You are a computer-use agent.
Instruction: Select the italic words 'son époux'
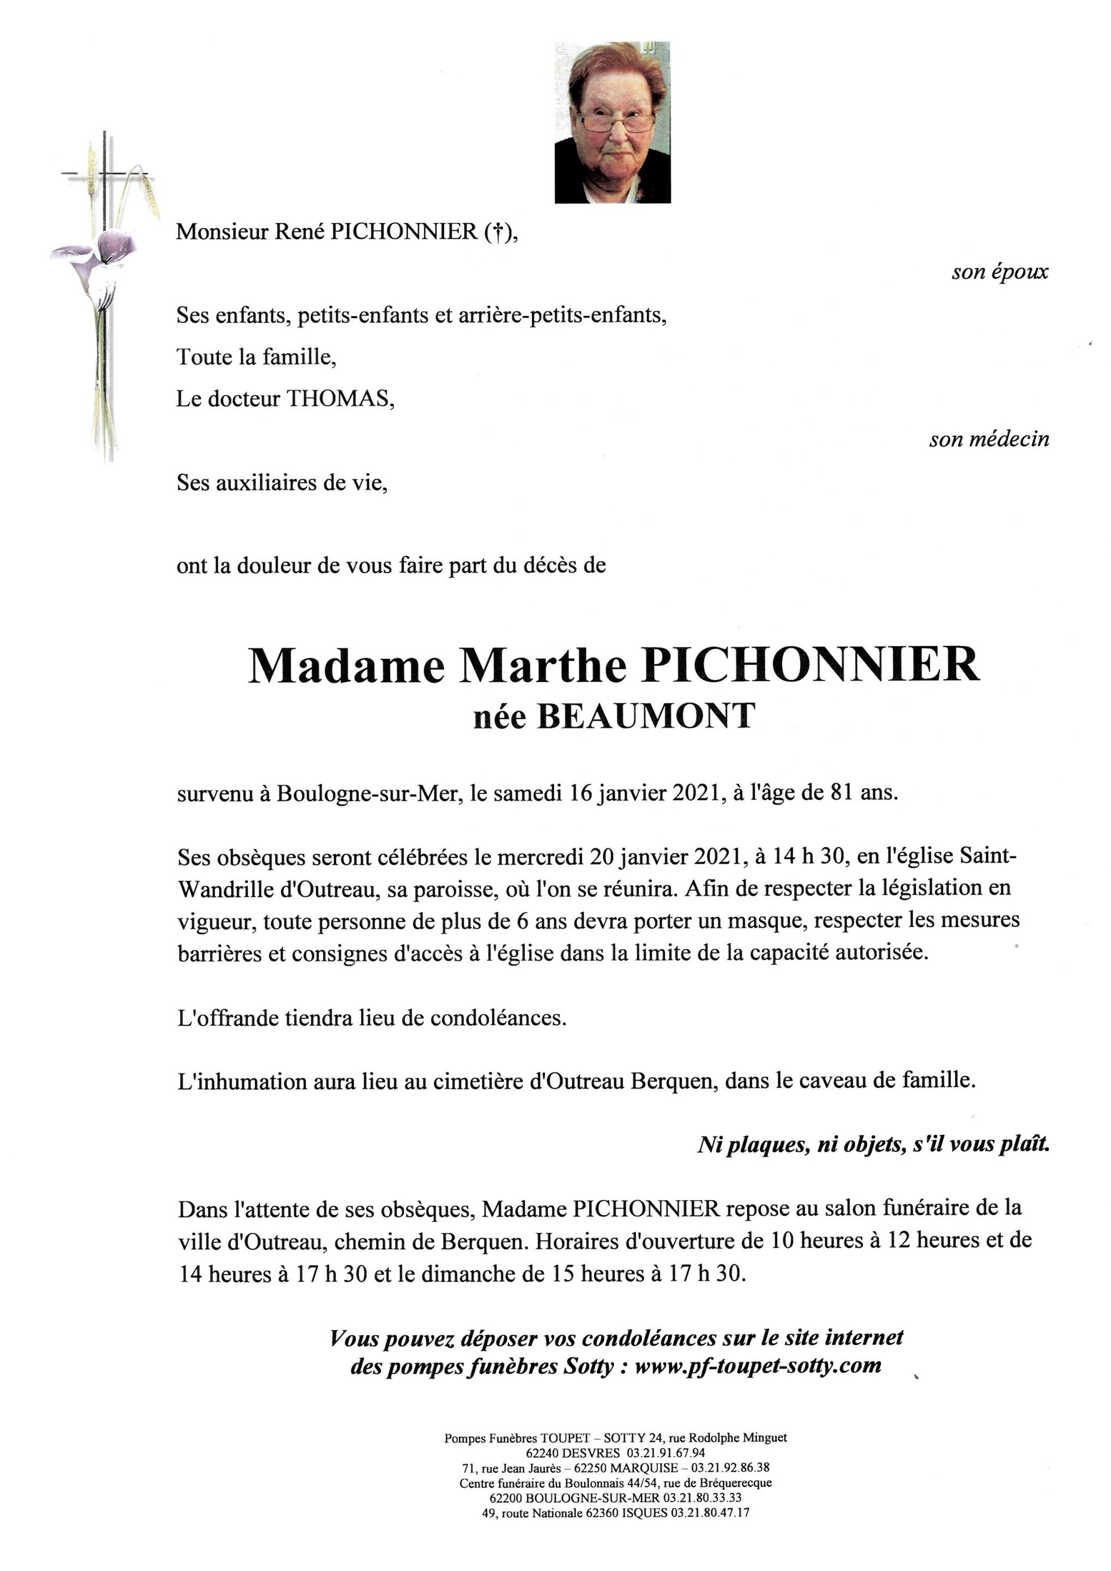1000,272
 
